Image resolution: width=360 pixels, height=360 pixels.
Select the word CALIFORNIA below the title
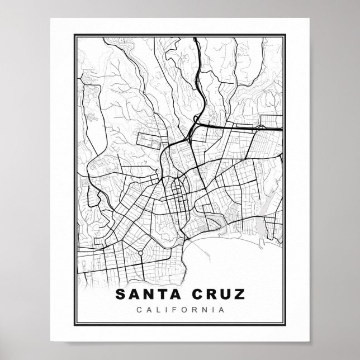(179, 309)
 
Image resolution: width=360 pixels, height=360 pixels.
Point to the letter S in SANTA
(119, 294)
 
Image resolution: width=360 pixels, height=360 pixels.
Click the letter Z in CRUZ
(239, 294)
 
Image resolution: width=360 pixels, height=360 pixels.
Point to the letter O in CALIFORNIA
(185, 309)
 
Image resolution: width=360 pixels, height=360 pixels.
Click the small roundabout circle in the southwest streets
(140, 254)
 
